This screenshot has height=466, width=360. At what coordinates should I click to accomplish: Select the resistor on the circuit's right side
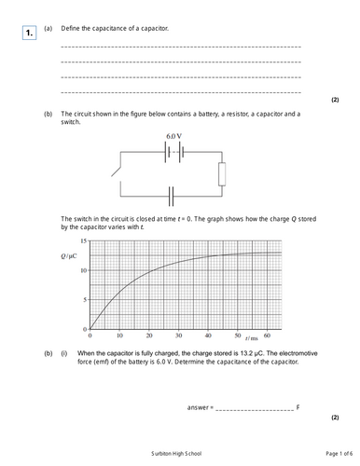(x=221, y=173)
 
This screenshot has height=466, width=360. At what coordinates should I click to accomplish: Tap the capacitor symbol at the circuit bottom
(x=172, y=197)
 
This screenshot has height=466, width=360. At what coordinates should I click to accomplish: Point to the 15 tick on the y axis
(x=84, y=241)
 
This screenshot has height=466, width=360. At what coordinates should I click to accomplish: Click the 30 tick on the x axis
(x=178, y=336)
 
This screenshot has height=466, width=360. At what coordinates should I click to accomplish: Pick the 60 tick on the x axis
(x=267, y=336)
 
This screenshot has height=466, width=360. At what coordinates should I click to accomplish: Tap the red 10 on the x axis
(x=119, y=336)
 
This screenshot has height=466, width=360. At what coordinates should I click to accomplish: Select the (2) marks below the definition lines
(x=335, y=100)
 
